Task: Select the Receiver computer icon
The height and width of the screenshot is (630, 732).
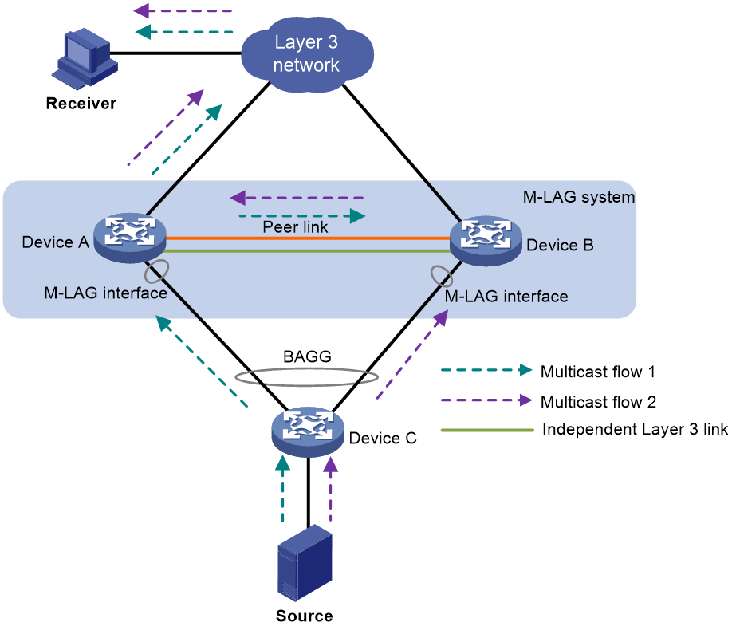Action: pos(85,58)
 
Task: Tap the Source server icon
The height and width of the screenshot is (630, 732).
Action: pos(305,562)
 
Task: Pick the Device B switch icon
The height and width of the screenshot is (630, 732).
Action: pos(486,241)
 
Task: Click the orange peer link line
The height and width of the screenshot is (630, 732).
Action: pos(308,238)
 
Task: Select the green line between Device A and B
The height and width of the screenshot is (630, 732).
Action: pos(308,251)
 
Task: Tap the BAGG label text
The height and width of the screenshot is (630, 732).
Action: pos(307,356)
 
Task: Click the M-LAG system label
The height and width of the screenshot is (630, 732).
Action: pos(578,197)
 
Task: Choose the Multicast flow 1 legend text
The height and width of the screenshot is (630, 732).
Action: pos(597,372)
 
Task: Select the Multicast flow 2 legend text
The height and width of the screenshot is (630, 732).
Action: pos(598,402)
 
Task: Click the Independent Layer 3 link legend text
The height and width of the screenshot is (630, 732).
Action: pos(635,429)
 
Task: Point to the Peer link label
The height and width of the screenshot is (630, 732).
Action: pos(295,227)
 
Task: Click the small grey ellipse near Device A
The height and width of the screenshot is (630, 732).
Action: pos(156,271)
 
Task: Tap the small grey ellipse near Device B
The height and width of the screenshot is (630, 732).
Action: pos(442,277)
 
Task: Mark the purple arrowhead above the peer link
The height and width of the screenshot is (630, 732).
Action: pos(238,198)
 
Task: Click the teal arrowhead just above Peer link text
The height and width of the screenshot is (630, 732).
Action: pos(357,216)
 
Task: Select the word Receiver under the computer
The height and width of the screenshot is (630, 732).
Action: pos(81,103)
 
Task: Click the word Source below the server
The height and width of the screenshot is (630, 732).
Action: pos(305,616)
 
